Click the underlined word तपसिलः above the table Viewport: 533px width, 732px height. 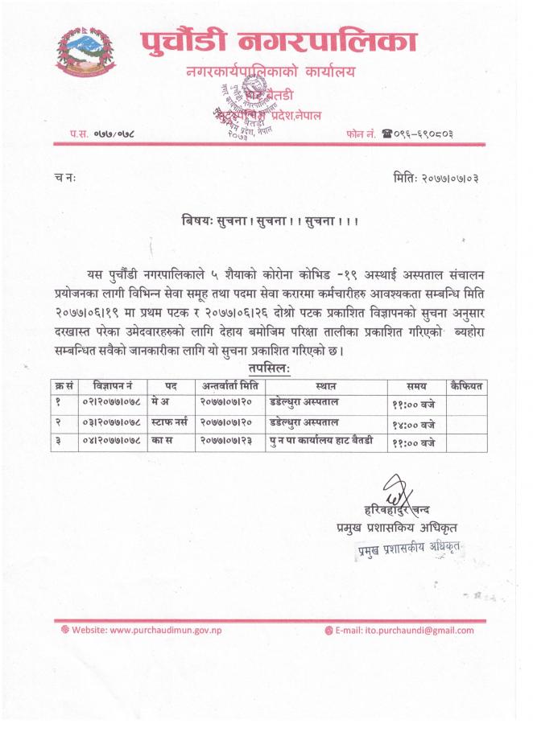tap(270, 368)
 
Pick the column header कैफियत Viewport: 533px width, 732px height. tap(466, 386)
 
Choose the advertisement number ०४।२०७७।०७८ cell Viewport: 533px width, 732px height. tap(113, 442)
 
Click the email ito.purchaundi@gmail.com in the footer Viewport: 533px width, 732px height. tap(410, 629)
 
